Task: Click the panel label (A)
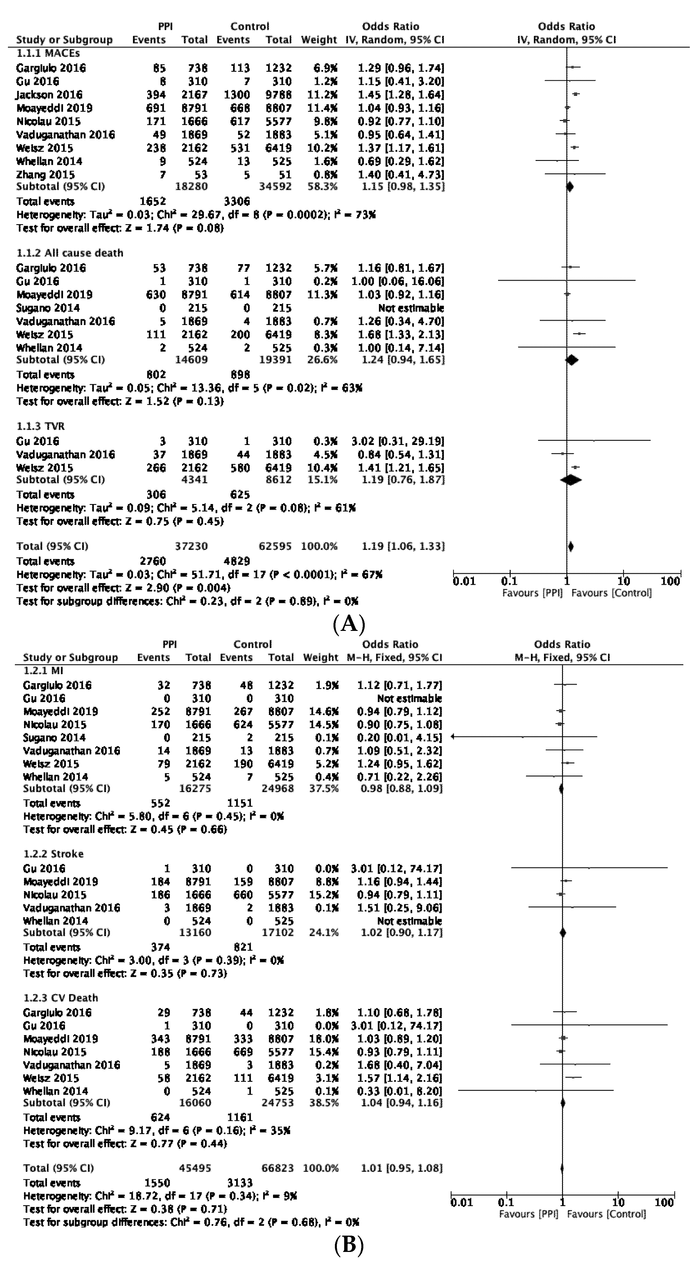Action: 349,624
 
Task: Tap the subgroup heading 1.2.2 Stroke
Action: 53,854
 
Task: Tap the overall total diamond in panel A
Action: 570,546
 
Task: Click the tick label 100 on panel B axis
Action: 664,1203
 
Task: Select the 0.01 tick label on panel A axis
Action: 464,581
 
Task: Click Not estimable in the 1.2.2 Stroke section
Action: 409,921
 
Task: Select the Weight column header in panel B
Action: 321,658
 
